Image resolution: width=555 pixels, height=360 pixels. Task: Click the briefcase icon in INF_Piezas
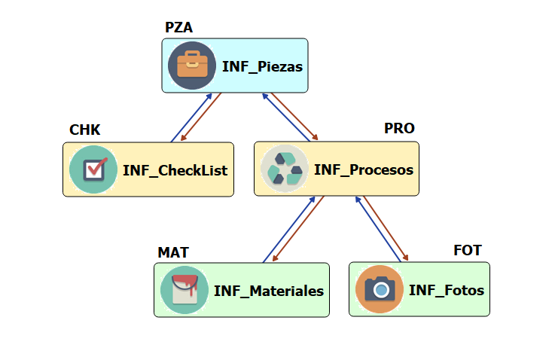(x=191, y=66)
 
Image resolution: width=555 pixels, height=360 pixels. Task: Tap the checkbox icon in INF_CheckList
(x=93, y=169)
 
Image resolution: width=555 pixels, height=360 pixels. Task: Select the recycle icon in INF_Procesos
(x=285, y=169)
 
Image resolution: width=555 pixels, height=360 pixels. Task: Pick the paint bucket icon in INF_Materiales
(x=184, y=290)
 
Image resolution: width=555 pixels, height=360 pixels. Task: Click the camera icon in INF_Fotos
(x=380, y=289)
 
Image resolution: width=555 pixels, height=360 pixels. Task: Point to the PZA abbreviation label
(x=178, y=28)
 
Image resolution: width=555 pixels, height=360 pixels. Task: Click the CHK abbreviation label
(x=84, y=130)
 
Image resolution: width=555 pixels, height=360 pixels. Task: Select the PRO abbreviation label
(x=399, y=128)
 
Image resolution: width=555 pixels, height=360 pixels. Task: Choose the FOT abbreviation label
(x=467, y=250)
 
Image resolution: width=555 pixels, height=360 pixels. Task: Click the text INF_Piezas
(x=262, y=66)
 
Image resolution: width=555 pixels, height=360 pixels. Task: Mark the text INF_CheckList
(x=175, y=170)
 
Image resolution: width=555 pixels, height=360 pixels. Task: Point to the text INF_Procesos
(x=363, y=169)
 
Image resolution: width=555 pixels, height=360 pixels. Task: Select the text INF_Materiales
(x=268, y=291)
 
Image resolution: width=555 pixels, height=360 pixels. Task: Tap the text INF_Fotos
(x=446, y=290)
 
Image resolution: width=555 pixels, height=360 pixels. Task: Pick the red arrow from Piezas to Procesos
(x=295, y=115)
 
